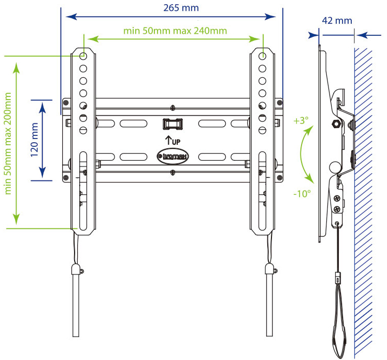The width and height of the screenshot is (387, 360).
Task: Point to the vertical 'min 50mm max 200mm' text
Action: click(8, 143)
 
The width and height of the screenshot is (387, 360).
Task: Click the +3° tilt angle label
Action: click(300, 120)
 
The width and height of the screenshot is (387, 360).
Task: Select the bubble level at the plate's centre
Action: click(174, 125)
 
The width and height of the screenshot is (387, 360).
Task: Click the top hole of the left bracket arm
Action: click(83, 56)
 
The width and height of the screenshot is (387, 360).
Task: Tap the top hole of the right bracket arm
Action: click(262, 56)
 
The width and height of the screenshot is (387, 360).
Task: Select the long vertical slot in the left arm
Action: click(83, 190)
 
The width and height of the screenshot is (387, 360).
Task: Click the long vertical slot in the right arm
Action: click(262, 190)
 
